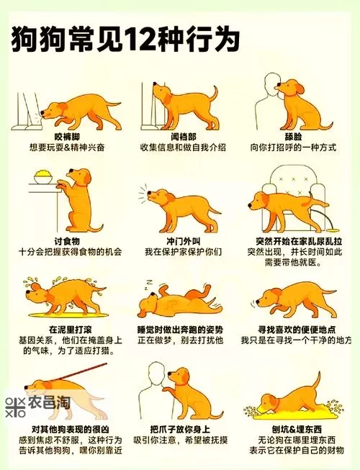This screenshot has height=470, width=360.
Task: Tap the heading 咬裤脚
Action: pyautogui.click(x=67, y=137)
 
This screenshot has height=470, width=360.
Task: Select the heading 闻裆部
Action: pyautogui.click(x=184, y=137)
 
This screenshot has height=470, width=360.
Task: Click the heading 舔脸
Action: pyautogui.click(x=294, y=137)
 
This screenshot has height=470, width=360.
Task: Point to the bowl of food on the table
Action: pyautogui.click(x=43, y=177)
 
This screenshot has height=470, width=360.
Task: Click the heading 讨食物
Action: pyautogui.click(x=67, y=241)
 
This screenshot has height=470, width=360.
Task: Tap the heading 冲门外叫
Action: pyautogui.click(x=184, y=241)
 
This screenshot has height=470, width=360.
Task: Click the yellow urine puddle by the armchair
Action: pyautogui.click(x=333, y=230)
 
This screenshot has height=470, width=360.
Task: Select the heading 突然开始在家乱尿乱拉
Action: pyautogui.click(x=294, y=241)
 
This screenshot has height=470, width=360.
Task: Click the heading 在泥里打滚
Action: pyautogui.click(x=70, y=330)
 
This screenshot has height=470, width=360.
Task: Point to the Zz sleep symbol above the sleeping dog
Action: pyautogui.click(x=148, y=284)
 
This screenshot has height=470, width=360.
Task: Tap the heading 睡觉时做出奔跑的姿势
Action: pyautogui.click(x=181, y=330)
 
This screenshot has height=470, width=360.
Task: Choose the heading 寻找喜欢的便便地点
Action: pyautogui.click(x=297, y=330)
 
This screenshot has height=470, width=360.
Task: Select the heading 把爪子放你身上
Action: pyautogui.click(x=180, y=429)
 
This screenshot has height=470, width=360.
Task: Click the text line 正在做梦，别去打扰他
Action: pyautogui.click(x=181, y=340)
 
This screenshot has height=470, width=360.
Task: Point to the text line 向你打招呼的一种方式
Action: pyautogui.click(x=294, y=148)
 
